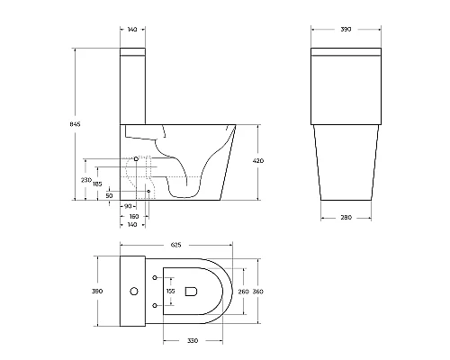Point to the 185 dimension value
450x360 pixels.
(x=96, y=184)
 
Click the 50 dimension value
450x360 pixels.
(x=109, y=194)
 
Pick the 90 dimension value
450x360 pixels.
(x=128, y=206)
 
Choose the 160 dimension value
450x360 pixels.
(x=133, y=215)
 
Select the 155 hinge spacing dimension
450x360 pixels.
(x=170, y=291)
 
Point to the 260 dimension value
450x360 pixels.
(x=243, y=291)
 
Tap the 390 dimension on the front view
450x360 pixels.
(x=345, y=30)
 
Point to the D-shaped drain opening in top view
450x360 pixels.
(x=190, y=291)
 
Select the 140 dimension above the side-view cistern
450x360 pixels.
(x=133, y=30)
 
